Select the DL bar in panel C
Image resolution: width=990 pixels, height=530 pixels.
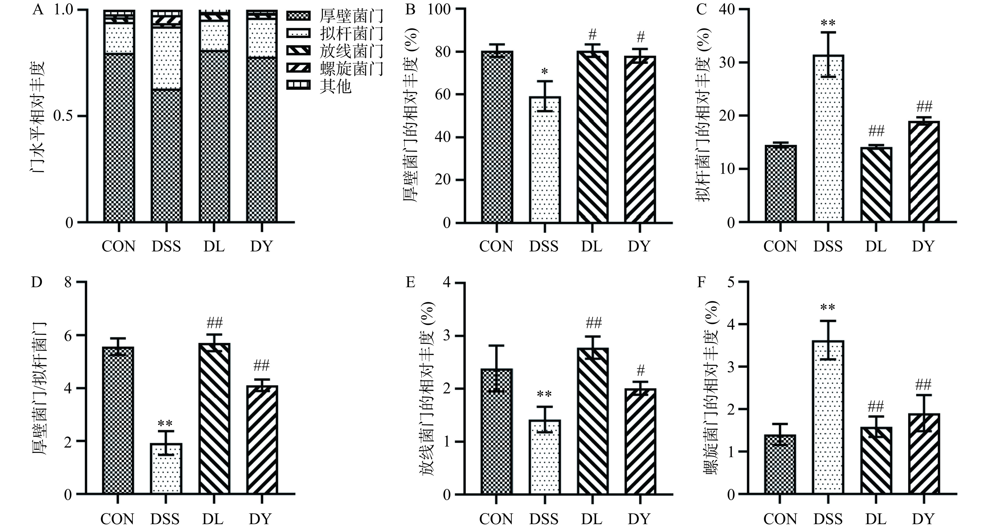click(876, 185)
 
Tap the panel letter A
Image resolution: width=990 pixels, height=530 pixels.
click(38, 9)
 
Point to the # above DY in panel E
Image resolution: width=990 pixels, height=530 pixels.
click(640, 371)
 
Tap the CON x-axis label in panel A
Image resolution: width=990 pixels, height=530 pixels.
click(118, 246)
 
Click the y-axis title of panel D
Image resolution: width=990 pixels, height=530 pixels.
click(39, 389)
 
